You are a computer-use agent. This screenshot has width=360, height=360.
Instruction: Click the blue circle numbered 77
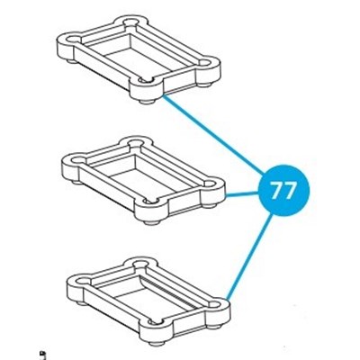pos(283,190)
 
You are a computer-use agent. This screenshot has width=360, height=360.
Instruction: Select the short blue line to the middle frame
pos(242,194)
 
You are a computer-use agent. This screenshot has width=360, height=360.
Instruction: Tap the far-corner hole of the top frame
pos(130,22)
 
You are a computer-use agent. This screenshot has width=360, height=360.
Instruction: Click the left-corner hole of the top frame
pos(72,40)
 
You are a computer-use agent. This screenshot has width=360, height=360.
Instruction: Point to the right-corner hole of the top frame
pos(205,63)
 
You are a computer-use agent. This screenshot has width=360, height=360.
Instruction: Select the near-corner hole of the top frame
pos(146,80)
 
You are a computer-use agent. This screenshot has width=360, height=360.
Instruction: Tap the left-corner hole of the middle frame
pos(76,159)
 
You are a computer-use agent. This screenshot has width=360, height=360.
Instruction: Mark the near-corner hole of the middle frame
pos(151,200)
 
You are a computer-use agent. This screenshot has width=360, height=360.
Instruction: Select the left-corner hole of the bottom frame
pos(82,281)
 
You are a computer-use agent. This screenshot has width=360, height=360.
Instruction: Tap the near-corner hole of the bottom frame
pos(156,322)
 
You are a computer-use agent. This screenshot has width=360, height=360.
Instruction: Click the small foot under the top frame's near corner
pos(146,102)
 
